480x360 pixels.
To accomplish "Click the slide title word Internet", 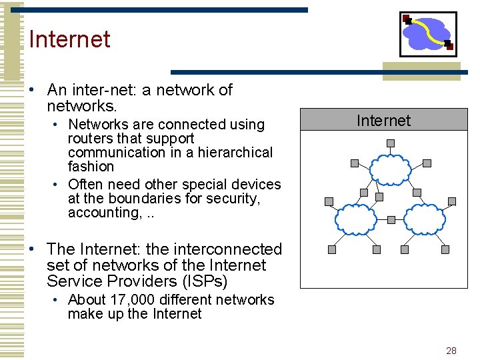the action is [x=69, y=39].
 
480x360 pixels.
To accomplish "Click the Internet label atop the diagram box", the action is [x=383, y=121].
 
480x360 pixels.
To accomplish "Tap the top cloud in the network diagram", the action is [x=391, y=169].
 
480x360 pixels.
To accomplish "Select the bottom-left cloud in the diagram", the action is [x=355, y=218].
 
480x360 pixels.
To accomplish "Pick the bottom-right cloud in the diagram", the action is [x=425, y=218].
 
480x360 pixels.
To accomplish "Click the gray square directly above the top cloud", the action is [x=391, y=143].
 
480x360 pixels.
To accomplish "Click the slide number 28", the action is [x=451, y=351].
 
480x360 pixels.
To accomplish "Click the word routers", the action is [x=91, y=139].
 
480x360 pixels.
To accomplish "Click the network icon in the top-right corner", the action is [x=427, y=33].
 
